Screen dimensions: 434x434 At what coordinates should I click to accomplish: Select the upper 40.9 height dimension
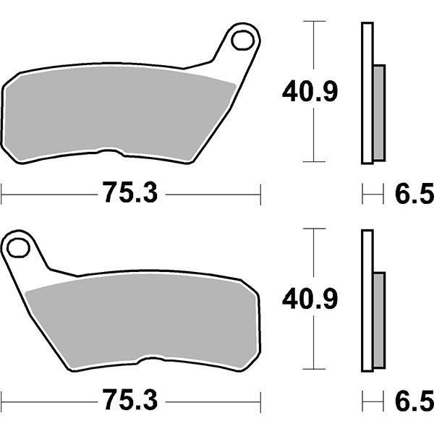pos(310,92)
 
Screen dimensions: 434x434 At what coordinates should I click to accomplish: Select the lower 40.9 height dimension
pos(310,299)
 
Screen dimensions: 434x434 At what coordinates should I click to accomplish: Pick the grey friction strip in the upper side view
pos(378,112)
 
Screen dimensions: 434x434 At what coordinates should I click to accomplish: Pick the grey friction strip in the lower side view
pos(378,319)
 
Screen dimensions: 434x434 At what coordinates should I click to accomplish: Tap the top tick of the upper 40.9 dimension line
pos(312,22)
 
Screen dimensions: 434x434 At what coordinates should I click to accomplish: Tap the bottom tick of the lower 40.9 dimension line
pos(312,368)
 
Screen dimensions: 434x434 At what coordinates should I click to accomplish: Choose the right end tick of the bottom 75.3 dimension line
pos(259,400)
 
